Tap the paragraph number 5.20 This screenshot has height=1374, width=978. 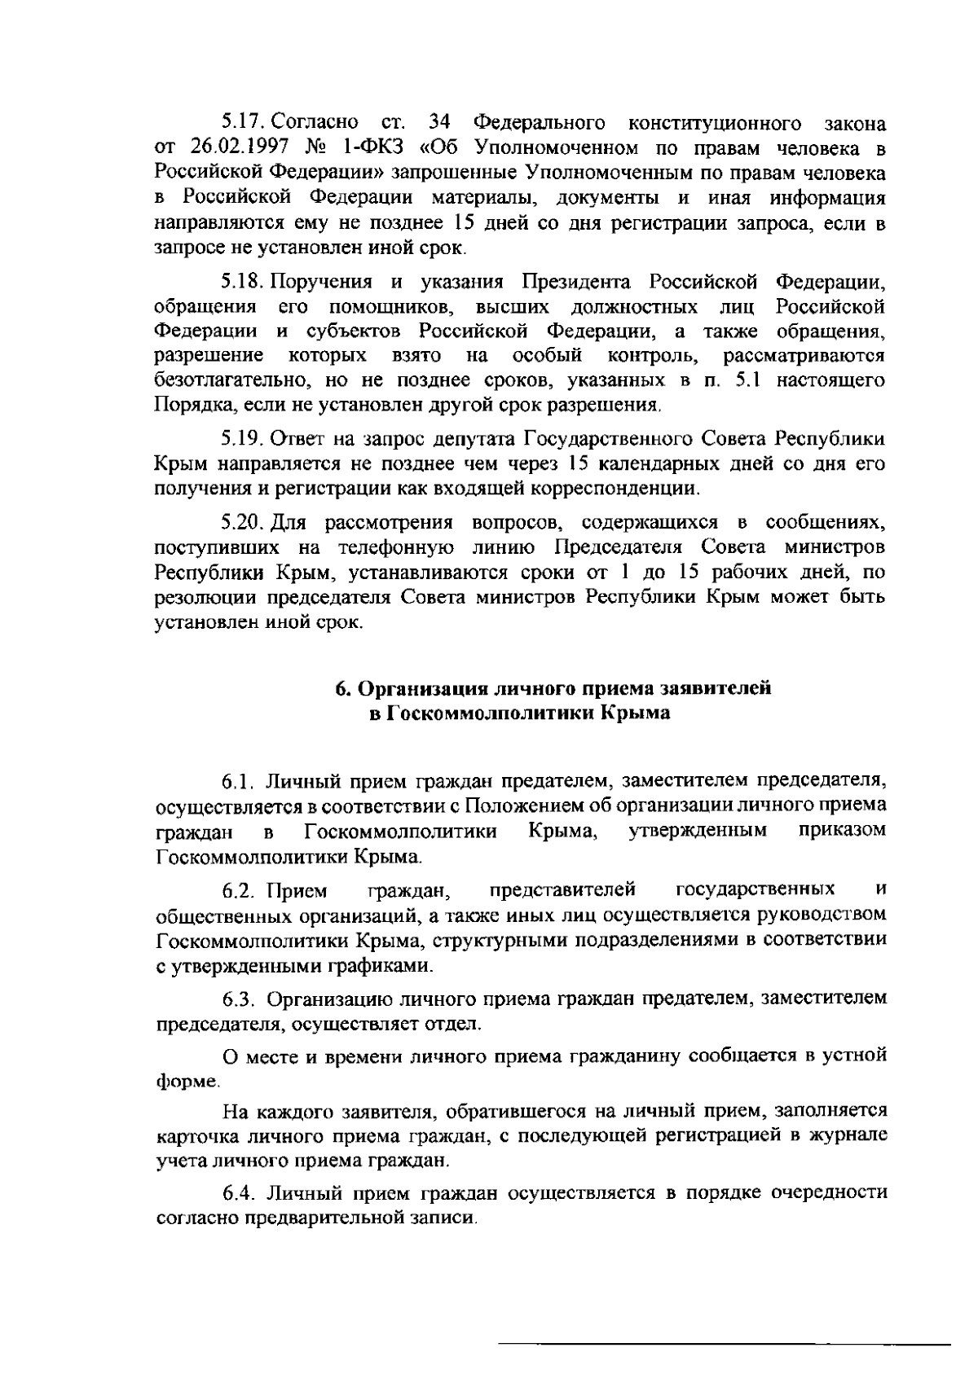tap(243, 522)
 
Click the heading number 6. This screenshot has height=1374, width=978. tap(344, 689)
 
